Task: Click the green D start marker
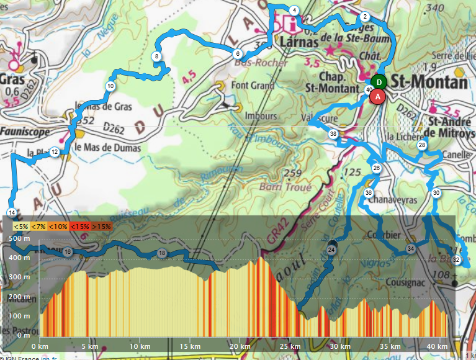click(379, 81)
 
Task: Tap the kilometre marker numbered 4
click(294, 10)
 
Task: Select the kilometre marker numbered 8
click(157, 56)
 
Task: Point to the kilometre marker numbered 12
click(55, 152)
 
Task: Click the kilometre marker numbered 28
click(422, 145)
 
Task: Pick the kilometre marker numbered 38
click(333, 134)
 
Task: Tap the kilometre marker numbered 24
click(331, 250)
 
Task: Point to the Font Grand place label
click(253, 86)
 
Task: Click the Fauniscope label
click(21, 132)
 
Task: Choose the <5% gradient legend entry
click(20, 227)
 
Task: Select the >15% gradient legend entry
click(101, 227)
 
